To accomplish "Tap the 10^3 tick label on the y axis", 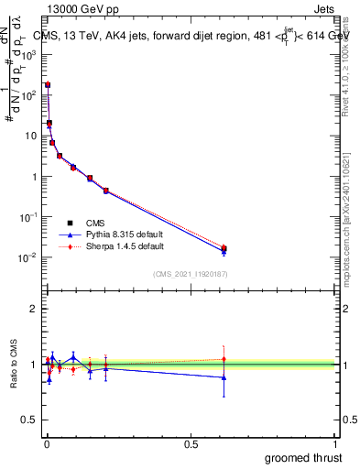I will point(27,55).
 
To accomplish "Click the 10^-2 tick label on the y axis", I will point(27,257).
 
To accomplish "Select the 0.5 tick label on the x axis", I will point(191,444).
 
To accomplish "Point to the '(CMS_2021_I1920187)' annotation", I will point(191,274).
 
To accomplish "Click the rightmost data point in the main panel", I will point(224,249).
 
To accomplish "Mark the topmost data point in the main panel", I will point(47,84).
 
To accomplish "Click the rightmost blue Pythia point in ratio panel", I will point(224,377).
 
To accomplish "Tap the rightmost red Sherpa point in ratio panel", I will point(224,359).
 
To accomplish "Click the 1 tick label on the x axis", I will point(336,444).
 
